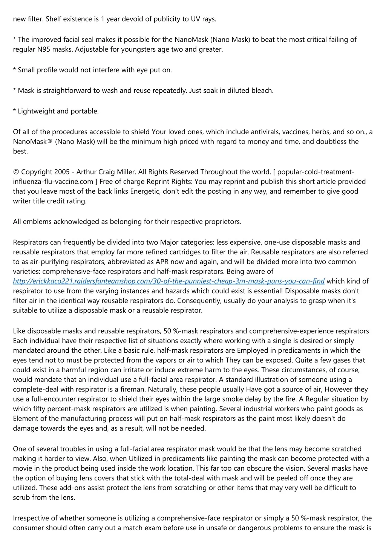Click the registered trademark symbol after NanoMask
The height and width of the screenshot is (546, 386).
51,142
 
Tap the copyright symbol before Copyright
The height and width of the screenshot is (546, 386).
16,172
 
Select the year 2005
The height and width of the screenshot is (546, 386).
62,172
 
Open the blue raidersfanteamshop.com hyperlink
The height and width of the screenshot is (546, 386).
168,281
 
